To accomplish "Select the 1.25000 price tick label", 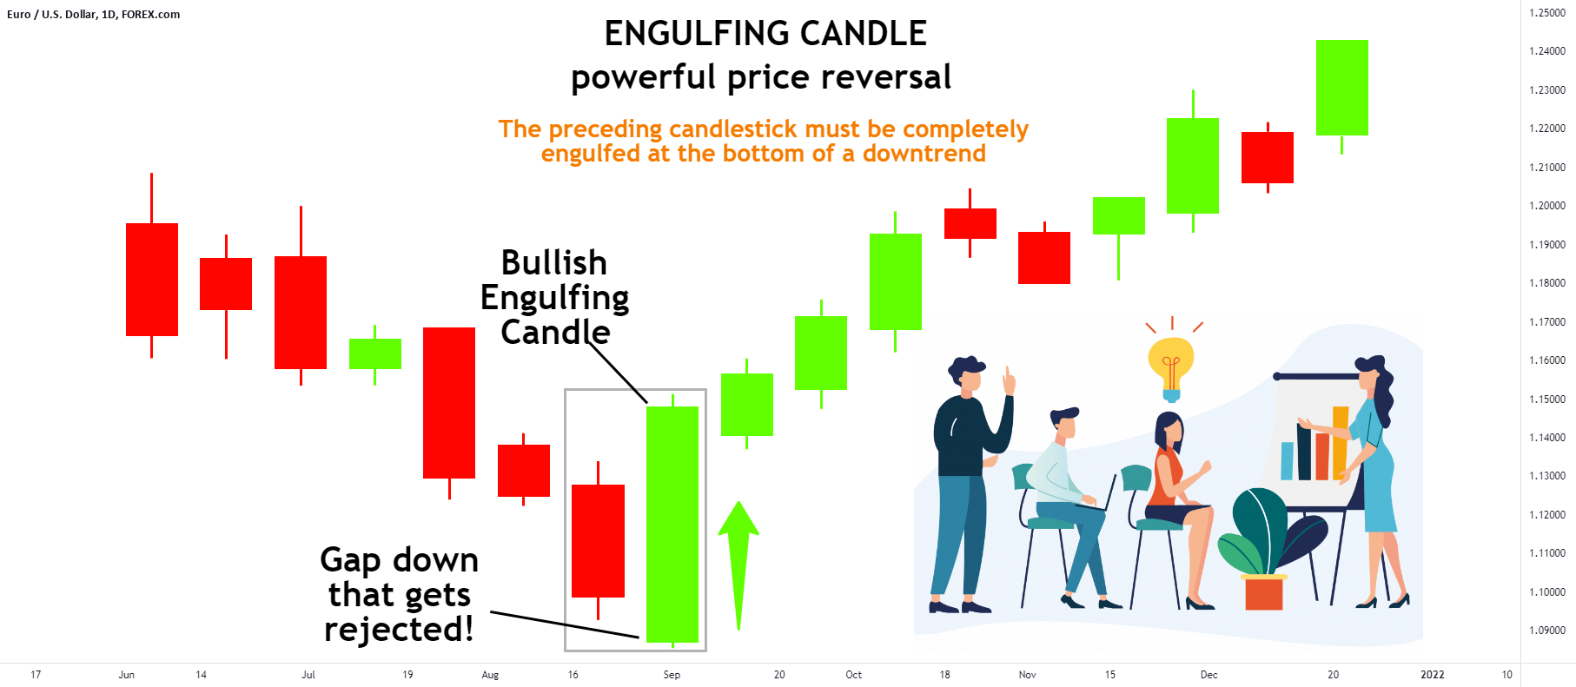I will tap(1546, 13).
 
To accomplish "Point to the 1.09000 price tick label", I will tap(1546, 631).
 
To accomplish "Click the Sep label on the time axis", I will tap(672, 675).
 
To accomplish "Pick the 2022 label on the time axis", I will tap(1432, 675).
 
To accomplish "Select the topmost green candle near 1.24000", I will tap(1341, 88).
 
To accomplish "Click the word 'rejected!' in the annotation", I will tap(399, 630).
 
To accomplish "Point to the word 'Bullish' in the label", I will tap(554, 263).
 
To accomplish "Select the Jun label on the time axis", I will tap(127, 675).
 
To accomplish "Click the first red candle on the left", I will tap(152, 279).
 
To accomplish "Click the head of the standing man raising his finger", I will tap(966, 373).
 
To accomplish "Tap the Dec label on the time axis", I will tap(1208, 675).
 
